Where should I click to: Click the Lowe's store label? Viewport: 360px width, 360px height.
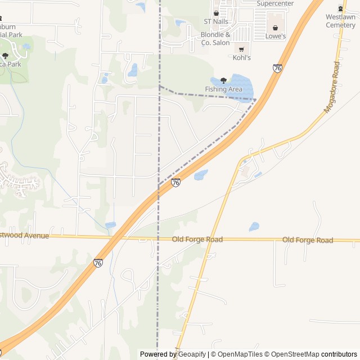coord(276,37)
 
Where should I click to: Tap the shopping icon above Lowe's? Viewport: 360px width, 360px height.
coord(276,28)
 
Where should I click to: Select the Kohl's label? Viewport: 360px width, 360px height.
coord(241,57)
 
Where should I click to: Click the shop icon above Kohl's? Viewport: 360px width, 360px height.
coord(241,49)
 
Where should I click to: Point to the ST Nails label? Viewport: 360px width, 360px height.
coord(216,21)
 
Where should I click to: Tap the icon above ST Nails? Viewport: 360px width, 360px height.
coord(216,13)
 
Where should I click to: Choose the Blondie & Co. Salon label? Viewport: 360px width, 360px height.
coord(215,39)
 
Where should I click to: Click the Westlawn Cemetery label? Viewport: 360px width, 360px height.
coord(340,21)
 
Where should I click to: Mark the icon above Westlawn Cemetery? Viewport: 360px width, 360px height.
coord(340,8)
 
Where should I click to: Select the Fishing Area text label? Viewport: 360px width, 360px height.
coord(223,89)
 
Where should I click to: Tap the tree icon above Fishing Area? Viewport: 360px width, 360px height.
coord(223,80)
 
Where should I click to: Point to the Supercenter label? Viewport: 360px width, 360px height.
coord(275,3)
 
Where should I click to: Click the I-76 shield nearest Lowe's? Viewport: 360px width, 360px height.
coord(277,68)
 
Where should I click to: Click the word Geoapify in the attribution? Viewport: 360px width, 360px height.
coord(192,354)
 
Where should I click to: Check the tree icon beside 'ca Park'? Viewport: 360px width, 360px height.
coord(5,56)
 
